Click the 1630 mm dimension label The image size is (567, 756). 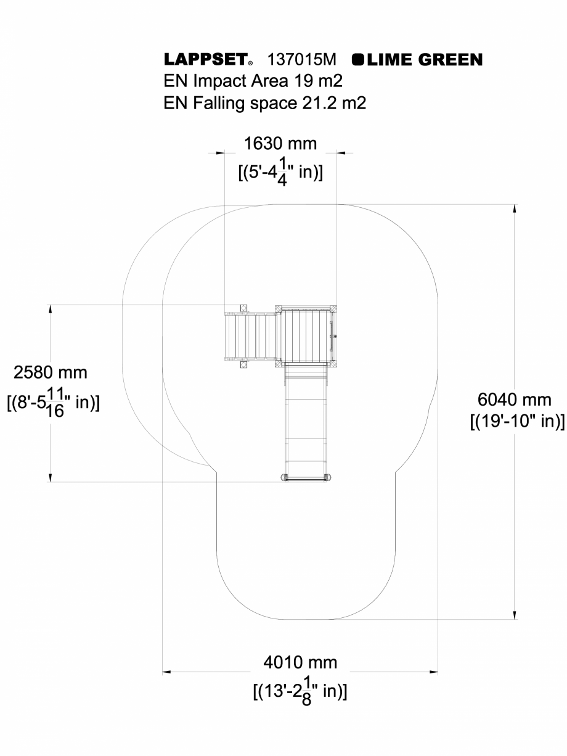click(280, 144)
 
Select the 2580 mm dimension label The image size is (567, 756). click(51, 372)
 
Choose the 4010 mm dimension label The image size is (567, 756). click(300, 663)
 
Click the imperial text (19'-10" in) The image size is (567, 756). click(516, 422)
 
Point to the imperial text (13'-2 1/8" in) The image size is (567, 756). click(300, 691)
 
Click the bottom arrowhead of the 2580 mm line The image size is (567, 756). click(50, 477)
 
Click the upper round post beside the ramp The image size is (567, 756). click(243, 308)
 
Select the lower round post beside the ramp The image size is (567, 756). click(243, 364)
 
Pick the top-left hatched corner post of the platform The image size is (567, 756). click(279, 308)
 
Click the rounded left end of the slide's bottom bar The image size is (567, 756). click(285, 477)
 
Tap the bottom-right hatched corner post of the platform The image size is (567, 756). click(333, 364)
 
